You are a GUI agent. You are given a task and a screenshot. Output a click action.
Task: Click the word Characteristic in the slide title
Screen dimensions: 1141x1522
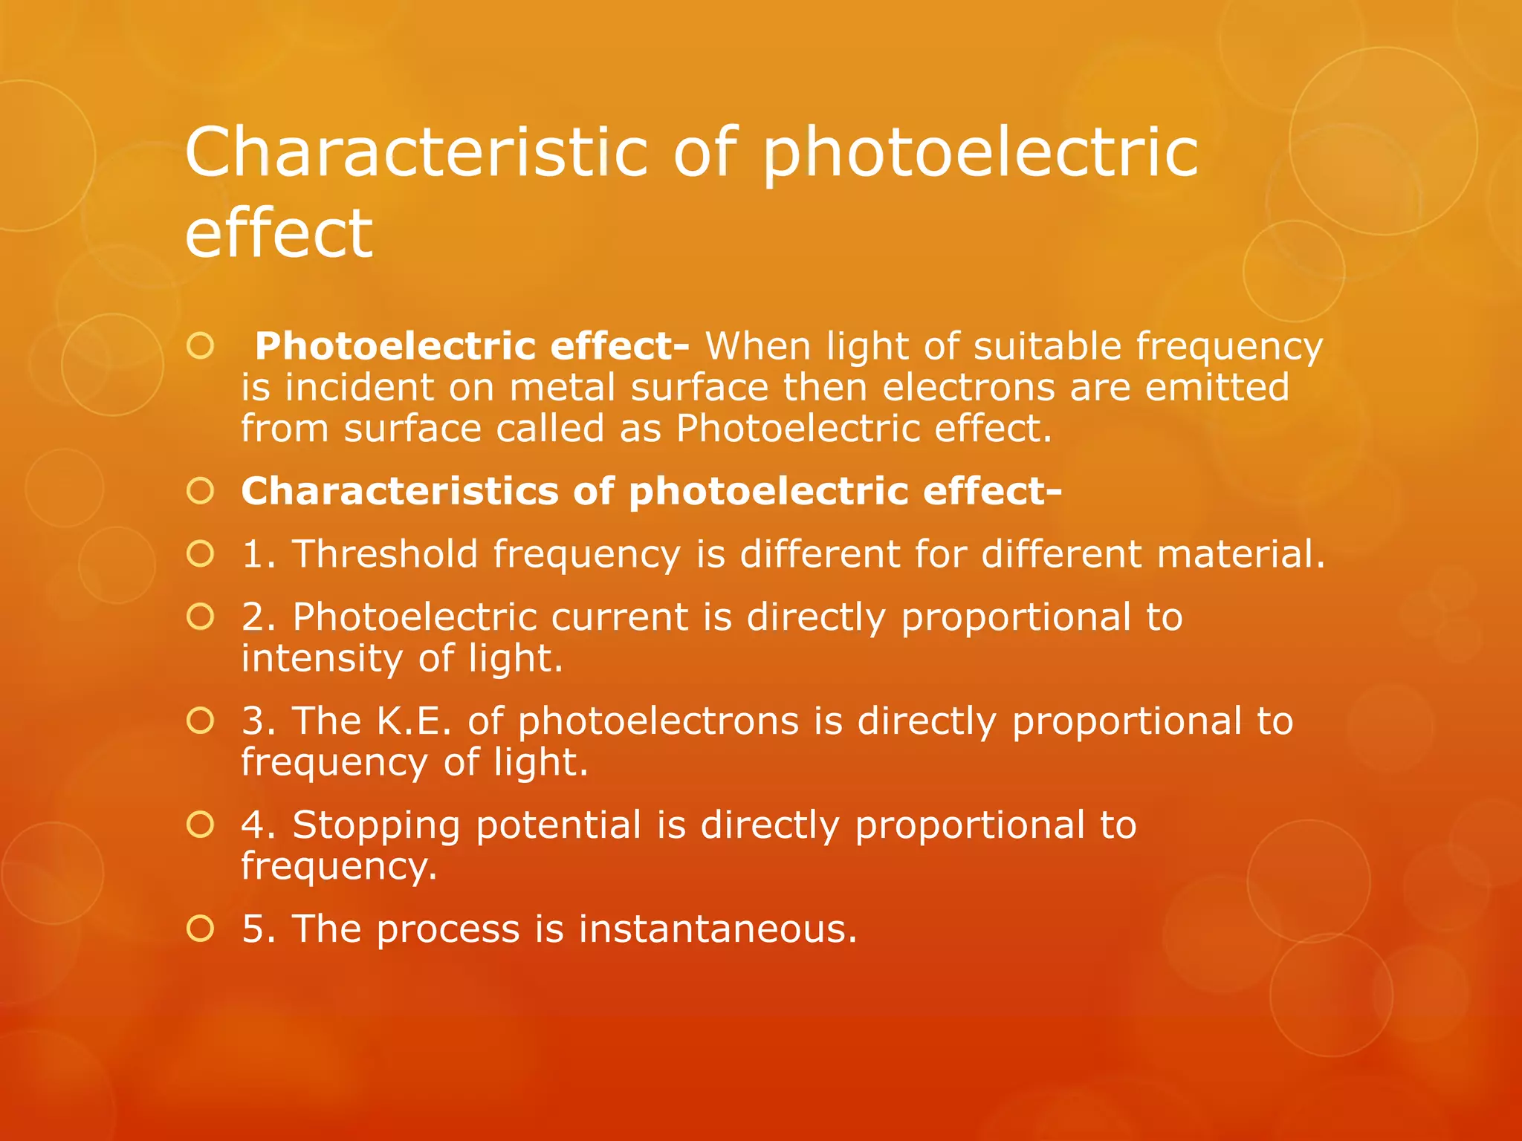click(x=416, y=152)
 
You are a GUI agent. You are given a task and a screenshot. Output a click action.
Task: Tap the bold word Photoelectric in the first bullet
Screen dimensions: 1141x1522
click(x=395, y=347)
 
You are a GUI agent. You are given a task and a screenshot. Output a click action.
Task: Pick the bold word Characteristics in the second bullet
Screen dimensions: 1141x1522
click(x=400, y=492)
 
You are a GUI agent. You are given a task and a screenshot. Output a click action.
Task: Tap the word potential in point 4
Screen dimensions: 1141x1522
click(x=558, y=826)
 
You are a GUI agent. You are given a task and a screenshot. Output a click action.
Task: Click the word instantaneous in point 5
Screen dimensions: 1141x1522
click(x=717, y=929)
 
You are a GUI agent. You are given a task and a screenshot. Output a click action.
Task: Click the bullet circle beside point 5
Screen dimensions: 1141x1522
click(x=201, y=929)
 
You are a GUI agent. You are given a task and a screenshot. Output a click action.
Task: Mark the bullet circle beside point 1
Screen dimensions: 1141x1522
click(x=201, y=554)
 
